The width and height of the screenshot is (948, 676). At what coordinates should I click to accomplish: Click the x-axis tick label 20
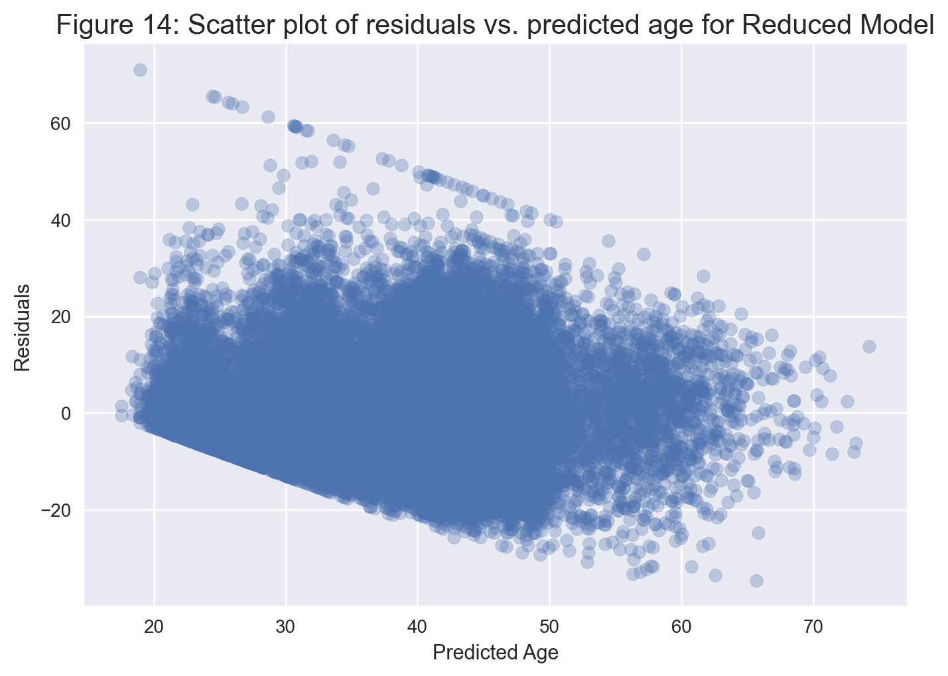[154, 627]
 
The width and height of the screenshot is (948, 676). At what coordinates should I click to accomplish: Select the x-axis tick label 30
[286, 627]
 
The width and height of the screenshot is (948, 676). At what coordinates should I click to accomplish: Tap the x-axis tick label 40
[418, 627]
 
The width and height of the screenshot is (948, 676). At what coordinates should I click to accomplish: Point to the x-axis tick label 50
[549, 627]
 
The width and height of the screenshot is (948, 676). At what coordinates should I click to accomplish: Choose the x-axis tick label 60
[681, 627]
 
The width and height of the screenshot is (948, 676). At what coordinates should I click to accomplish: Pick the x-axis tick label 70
[813, 627]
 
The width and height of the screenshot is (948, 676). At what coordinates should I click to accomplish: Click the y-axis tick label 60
[61, 124]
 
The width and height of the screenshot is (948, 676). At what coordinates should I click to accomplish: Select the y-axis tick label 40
[61, 220]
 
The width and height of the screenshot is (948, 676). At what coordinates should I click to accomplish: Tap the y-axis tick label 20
[61, 317]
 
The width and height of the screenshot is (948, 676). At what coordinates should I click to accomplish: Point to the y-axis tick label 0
[66, 413]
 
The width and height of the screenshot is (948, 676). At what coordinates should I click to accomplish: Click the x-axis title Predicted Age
[496, 653]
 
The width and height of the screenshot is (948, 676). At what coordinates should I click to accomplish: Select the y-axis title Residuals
[22, 328]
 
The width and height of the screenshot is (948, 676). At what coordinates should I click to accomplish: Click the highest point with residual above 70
[141, 70]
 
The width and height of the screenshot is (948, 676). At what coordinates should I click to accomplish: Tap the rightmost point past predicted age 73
[869, 347]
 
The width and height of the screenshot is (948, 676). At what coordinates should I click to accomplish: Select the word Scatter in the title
[232, 25]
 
